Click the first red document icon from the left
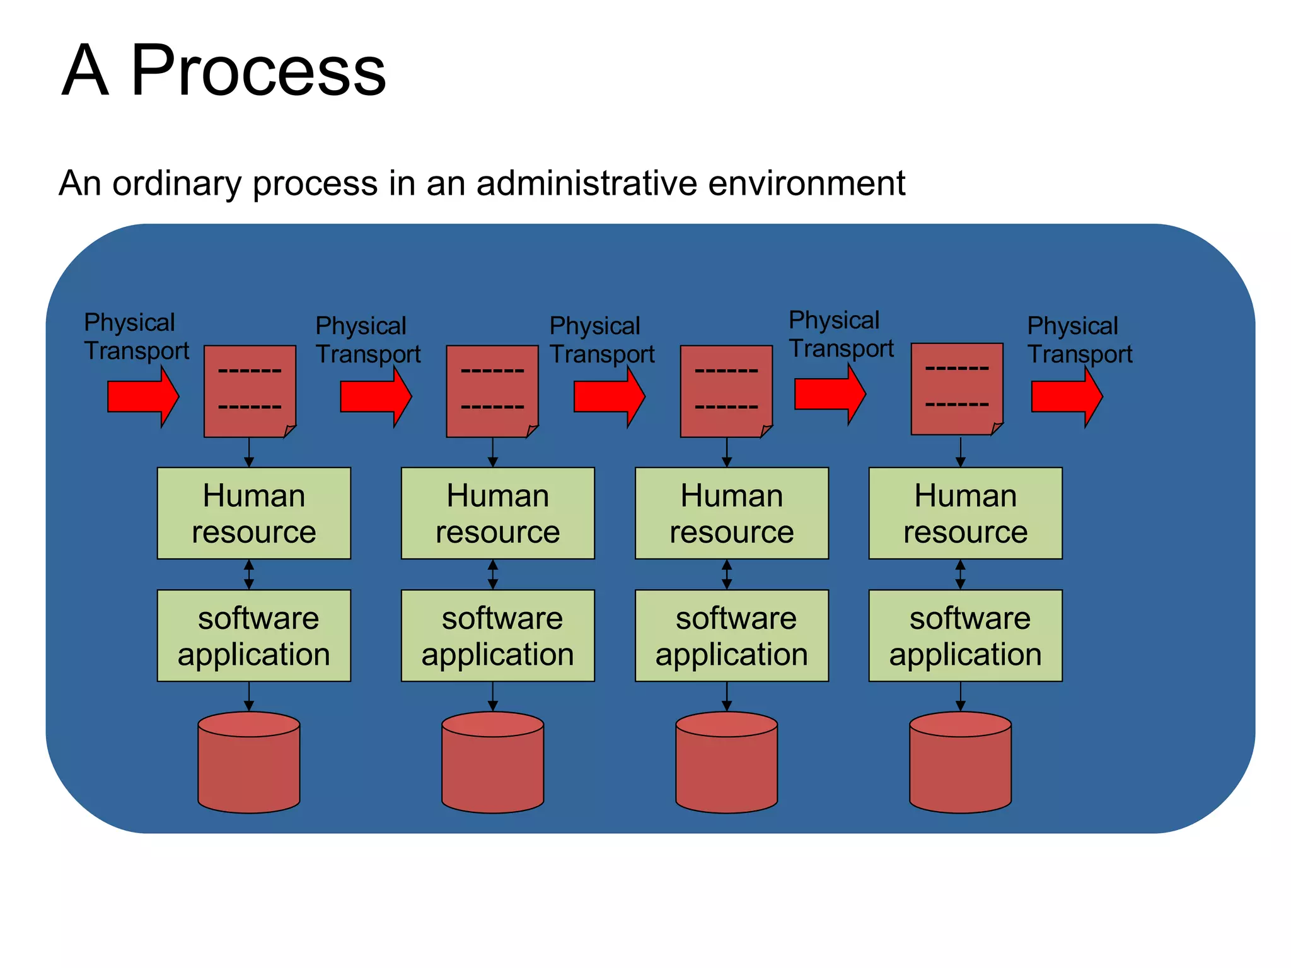tap(250, 391)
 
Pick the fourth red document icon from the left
tap(957, 389)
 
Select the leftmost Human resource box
tap(253, 513)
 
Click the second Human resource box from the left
tap(497, 513)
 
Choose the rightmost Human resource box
tap(965, 513)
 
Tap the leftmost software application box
tap(253, 635)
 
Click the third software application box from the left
tap(731, 635)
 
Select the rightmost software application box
tap(965, 635)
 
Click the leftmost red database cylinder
tap(248, 763)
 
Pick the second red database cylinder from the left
tap(492, 763)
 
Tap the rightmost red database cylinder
tap(960, 763)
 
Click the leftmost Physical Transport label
tap(136, 337)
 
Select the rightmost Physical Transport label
tap(1079, 340)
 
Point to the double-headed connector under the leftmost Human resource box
tap(249, 574)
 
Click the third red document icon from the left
tap(726, 391)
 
